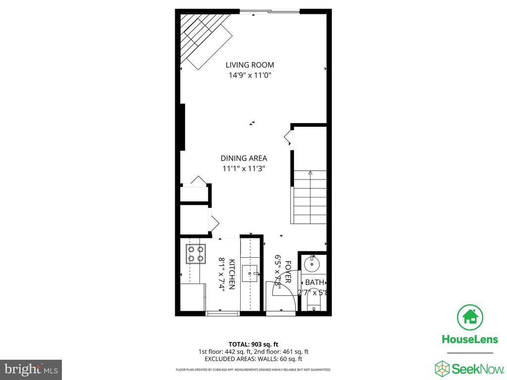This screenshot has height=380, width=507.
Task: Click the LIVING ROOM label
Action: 250,65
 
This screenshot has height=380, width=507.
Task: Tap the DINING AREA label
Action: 244,158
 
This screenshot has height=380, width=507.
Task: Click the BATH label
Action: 314,283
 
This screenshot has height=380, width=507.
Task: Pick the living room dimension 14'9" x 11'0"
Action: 250,76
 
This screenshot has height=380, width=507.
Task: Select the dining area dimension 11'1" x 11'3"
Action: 244,169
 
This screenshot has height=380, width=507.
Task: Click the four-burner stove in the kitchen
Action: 195,253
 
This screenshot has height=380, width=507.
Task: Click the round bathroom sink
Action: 313,263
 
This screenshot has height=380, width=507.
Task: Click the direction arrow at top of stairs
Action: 310,173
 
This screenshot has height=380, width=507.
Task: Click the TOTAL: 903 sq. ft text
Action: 253,344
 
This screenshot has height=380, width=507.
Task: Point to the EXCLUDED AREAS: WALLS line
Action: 253,359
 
